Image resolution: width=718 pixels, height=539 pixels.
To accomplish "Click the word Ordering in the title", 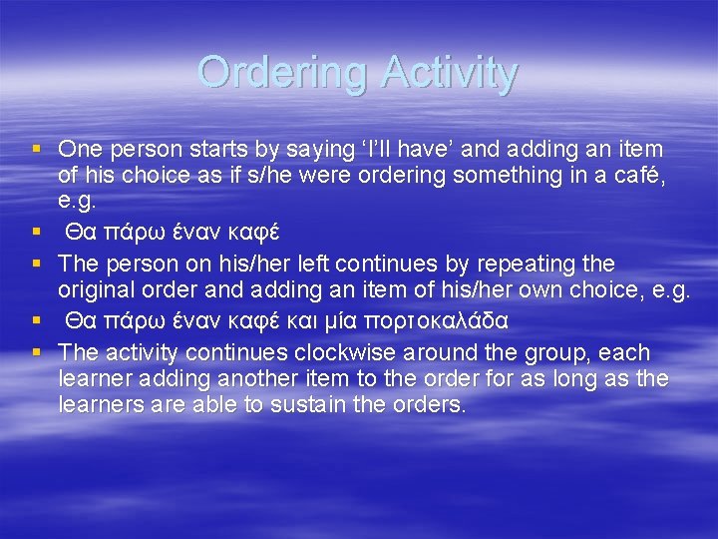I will pyautogui.click(x=282, y=72).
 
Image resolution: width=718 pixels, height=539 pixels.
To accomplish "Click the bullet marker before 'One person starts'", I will pyautogui.click(x=36, y=150).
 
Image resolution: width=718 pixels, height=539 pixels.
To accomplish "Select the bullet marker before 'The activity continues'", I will pyautogui.click(x=36, y=353).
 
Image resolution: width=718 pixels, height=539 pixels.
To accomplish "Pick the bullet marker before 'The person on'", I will pyautogui.click(x=36, y=265).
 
